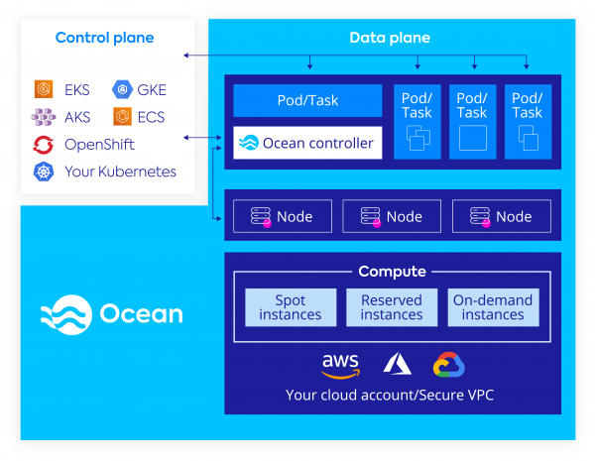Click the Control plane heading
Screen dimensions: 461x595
[104, 39]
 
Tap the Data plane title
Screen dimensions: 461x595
[390, 39]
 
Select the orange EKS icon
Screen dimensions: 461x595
[44, 89]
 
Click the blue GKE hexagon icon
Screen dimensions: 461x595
[122, 89]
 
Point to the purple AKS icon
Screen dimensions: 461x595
[44, 117]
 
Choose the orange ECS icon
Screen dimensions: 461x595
[122, 117]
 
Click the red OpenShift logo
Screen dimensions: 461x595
[44, 145]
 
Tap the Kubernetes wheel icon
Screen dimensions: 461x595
[44, 173]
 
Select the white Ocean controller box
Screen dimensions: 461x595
[307, 143]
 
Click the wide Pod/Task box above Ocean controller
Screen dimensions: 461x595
[307, 101]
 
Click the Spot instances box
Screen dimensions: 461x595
[291, 307]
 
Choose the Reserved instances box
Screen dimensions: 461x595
[392, 307]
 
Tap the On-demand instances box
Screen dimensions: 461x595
[493, 307]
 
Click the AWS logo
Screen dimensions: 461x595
[340, 365]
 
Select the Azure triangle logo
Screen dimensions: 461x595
[398, 365]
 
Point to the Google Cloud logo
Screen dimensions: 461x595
[449, 365]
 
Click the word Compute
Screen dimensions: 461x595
[392, 272]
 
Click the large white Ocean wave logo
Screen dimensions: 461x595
[65, 314]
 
